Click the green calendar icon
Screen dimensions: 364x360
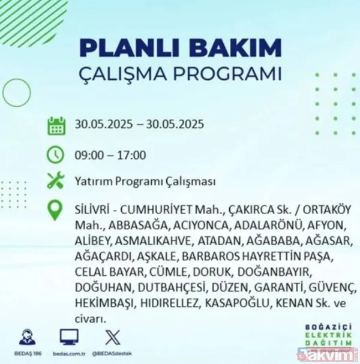pyautogui.click(x=56, y=127)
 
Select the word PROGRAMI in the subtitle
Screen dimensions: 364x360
pyautogui.click(x=235, y=75)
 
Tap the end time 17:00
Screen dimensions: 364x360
pyautogui.click(x=132, y=155)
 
